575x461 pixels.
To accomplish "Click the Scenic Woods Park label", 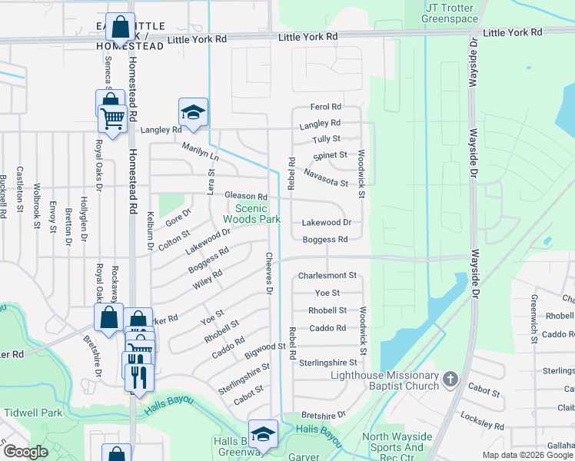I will (x=251, y=214).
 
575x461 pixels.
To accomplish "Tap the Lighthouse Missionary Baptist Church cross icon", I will (x=450, y=379).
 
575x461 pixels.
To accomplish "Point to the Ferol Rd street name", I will (x=325, y=108).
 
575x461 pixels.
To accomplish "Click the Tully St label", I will (x=326, y=139).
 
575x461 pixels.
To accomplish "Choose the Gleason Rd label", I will (x=245, y=197).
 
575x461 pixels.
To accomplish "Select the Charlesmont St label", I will (x=327, y=275).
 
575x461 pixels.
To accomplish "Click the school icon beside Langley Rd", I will (x=193, y=112).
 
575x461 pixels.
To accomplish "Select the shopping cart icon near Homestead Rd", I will (x=112, y=119).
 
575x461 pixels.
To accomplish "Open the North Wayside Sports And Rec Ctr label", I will (x=392, y=443).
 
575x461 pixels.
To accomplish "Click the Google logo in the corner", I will (x=25, y=452).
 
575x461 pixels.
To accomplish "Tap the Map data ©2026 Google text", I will (x=527, y=455).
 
